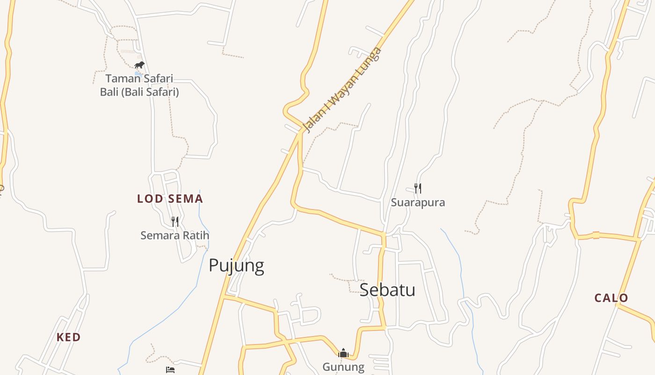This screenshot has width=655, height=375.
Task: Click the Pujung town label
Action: point(236,265)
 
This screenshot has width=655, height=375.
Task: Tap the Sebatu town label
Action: point(387,290)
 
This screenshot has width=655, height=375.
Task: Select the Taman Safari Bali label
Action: point(139,85)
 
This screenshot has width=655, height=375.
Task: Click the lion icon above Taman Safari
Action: point(139,65)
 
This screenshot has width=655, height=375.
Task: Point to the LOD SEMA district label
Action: point(170,199)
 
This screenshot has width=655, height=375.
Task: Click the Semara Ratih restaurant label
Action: point(175,235)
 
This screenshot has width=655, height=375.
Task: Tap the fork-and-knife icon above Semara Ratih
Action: point(175,221)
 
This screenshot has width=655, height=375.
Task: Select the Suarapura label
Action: point(418,202)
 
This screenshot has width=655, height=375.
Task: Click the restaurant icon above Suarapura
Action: point(418,188)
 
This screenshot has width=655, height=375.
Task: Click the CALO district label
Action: point(611,298)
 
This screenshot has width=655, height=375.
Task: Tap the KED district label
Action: point(68,337)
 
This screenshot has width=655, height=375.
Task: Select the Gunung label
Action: point(343,367)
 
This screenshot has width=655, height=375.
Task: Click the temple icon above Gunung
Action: point(343,353)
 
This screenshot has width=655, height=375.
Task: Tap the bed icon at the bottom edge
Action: point(170,370)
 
